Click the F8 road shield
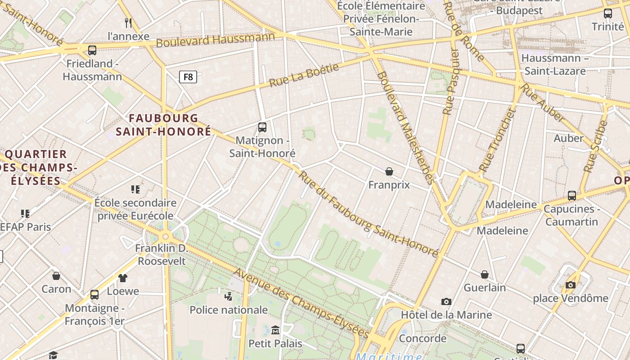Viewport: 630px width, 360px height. pos(188,77)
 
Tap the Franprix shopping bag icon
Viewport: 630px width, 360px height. pos(389,171)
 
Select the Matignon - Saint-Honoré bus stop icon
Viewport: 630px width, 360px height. pos(262,127)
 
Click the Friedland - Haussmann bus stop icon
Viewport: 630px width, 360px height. pos(92,50)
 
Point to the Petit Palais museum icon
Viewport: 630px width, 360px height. pos(275,330)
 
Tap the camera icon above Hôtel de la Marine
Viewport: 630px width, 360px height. pos(446,301)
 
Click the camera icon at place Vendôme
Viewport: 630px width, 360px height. pos(571,285)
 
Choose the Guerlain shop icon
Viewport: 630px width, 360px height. pos(485,274)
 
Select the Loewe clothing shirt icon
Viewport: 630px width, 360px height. pos(123,278)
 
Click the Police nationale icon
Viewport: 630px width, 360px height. pos(229,296)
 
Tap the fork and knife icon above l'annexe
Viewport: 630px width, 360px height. pos(129,22)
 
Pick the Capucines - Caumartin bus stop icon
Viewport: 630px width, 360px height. pos(571,196)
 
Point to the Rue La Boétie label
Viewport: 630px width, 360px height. pos(304,76)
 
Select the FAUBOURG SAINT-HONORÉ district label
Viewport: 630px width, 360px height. pos(163,125)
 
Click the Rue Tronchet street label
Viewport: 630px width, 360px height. pos(497,140)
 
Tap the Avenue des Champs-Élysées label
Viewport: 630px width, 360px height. pos(301,303)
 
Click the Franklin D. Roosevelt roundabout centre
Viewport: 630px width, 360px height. pos(166,236)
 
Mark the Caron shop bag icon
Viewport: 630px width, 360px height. pos(56,275)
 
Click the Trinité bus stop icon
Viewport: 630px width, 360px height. pos(607,13)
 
